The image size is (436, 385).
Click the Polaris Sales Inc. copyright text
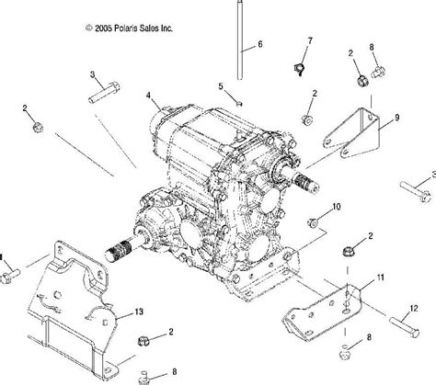(129, 28)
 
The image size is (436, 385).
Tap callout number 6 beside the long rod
(260, 44)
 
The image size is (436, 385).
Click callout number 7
(310, 40)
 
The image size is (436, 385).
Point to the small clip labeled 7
(299, 69)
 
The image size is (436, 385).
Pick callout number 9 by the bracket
(397, 118)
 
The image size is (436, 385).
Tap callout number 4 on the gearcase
(148, 96)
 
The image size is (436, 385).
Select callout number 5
(221, 86)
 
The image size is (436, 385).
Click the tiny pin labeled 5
(240, 104)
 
